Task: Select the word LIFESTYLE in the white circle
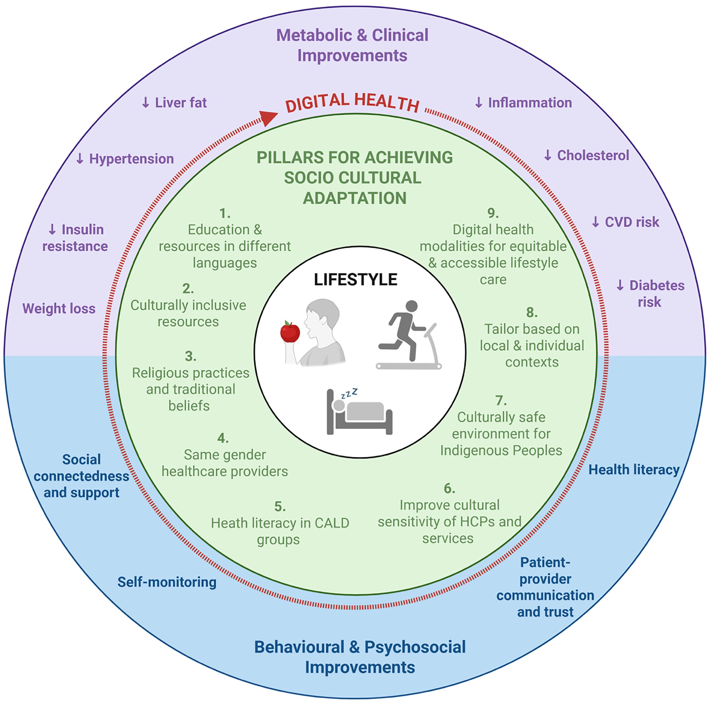point(355,280)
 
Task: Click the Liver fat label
point(174,102)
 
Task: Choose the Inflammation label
point(523,102)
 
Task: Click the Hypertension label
point(125,159)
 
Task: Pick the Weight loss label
point(59,309)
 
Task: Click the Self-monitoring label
point(167,582)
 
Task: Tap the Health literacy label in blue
point(634,470)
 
